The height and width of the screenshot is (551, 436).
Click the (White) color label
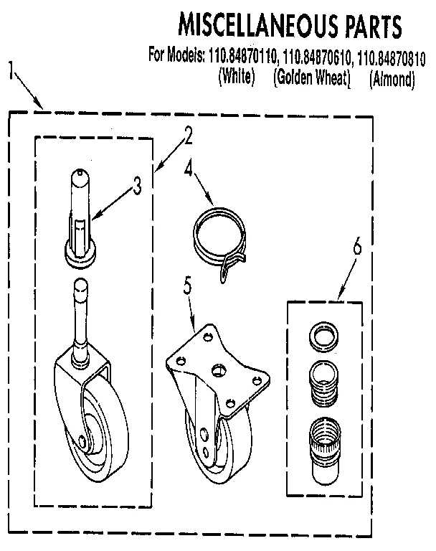tap(236, 77)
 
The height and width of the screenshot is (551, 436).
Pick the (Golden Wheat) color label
tap(311, 77)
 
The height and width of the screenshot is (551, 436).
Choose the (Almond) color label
tap(392, 79)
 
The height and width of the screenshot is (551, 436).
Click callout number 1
tap(11, 70)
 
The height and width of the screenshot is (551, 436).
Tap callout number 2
tap(188, 133)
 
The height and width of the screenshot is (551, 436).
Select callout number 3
tap(137, 185)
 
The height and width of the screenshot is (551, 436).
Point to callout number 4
tap(189, 169)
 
